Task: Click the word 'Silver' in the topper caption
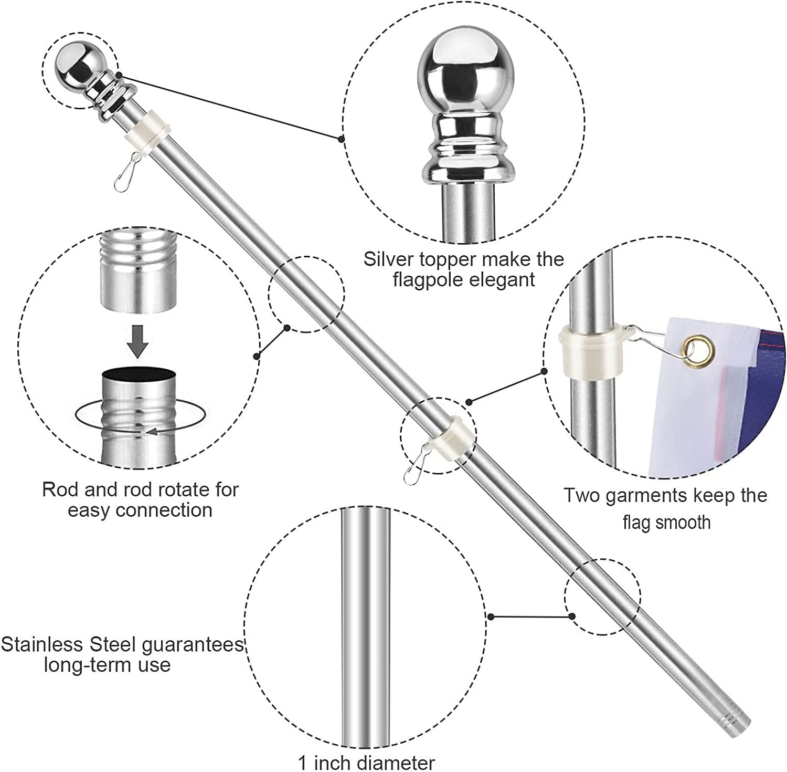click(x=388, y=259)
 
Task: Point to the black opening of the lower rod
click(x=139, y=375)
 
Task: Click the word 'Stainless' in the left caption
click(x=42, y=644)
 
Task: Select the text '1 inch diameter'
click(x=366, y=762)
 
